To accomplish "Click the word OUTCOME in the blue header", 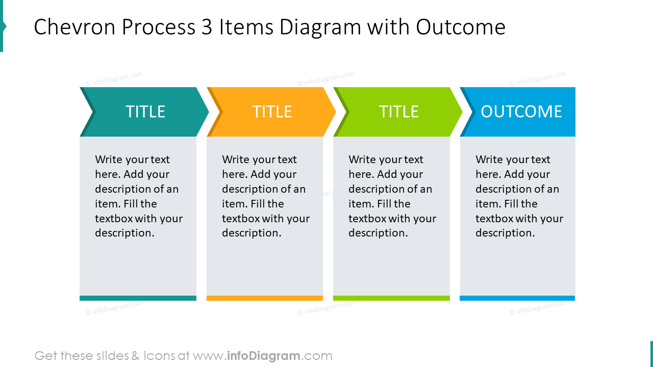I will (x=521, y=112).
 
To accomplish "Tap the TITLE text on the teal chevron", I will (x=145, y=112).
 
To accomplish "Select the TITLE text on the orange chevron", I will (x=272, y=112).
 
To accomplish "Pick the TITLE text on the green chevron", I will (x=398, y=112).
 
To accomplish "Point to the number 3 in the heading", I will (x=206, y=27).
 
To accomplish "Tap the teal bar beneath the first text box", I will (x=138, y=298).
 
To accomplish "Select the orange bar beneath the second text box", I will (x=264, y=298).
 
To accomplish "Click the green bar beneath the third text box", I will (x=391, y=298).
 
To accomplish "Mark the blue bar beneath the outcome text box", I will (x=517, y=298).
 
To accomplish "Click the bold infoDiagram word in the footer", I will (x=263, y=356).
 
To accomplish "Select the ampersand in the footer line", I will (x=135, y=356).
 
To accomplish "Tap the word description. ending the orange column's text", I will (x=252, y=233).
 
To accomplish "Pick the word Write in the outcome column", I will (x=489, y=160).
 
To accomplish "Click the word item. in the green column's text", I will (x=361, y=204).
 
